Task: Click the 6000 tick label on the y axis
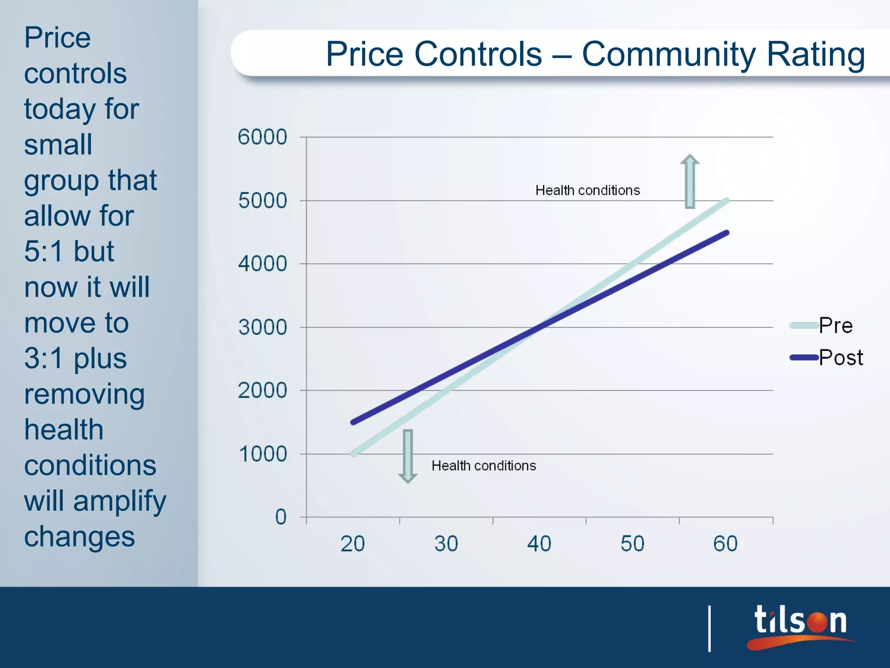click(262, 137)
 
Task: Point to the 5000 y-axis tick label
click(262, 201)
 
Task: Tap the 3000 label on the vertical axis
click(262, 327)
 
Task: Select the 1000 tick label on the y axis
click(263, 454)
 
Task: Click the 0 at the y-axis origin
click(281, 517)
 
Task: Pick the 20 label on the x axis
click(352, 544)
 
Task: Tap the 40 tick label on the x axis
click(539, 544)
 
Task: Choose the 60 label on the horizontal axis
click(725, 544)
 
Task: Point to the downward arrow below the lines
click(408, 456)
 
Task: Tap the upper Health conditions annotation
click(588, 190)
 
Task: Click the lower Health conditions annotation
click(484, 466)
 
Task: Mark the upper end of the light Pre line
click(726, 201)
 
